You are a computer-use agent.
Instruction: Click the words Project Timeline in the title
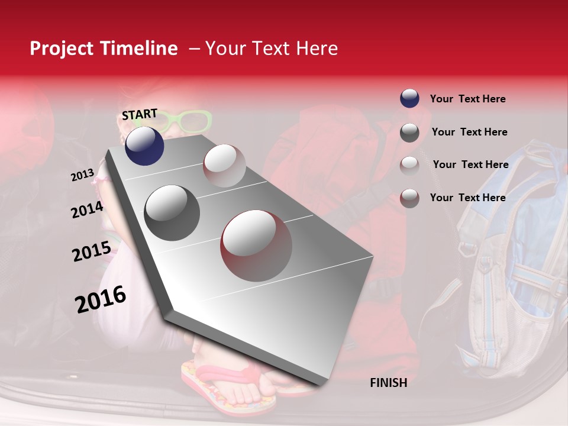pyautogui.click(x=104, y=49)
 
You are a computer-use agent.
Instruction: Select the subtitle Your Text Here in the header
pyautogui.click(x=271, y=49)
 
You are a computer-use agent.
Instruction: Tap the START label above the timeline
pyautogui.click(x=140, y=114)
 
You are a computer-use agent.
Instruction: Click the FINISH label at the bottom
pyautogui.click(x=388, y=383)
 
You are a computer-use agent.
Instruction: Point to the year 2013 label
pyautogui.click(x=82, y=175)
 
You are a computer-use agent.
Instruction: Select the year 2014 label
pyautogui.click(x=87, y=209)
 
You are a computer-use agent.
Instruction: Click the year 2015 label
pyautogui.click(x=92, y=251)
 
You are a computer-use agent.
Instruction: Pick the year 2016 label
pyautogui.click(x=101, y=299)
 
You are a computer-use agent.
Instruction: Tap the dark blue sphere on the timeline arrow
pyautogui.click(x=144, y=146)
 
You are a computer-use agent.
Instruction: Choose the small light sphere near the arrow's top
pyautogui.click(x=224, y=166)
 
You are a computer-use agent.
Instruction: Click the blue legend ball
pyautogui.click(x=409, y=98)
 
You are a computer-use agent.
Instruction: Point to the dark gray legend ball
pyautogui.click(x=409, y=132)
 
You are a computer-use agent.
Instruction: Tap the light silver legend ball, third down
pyautogui.click(x=409, y=165)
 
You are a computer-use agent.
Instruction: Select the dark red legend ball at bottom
pyautogui.click(x=409, y=198)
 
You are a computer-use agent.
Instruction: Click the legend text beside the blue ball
pyautogui.click(x=467, y=99)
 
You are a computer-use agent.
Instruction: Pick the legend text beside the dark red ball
pyautogui.click(x=467, y=198)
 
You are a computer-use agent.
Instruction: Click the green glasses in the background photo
pyautogui.click(x=188, y=121)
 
